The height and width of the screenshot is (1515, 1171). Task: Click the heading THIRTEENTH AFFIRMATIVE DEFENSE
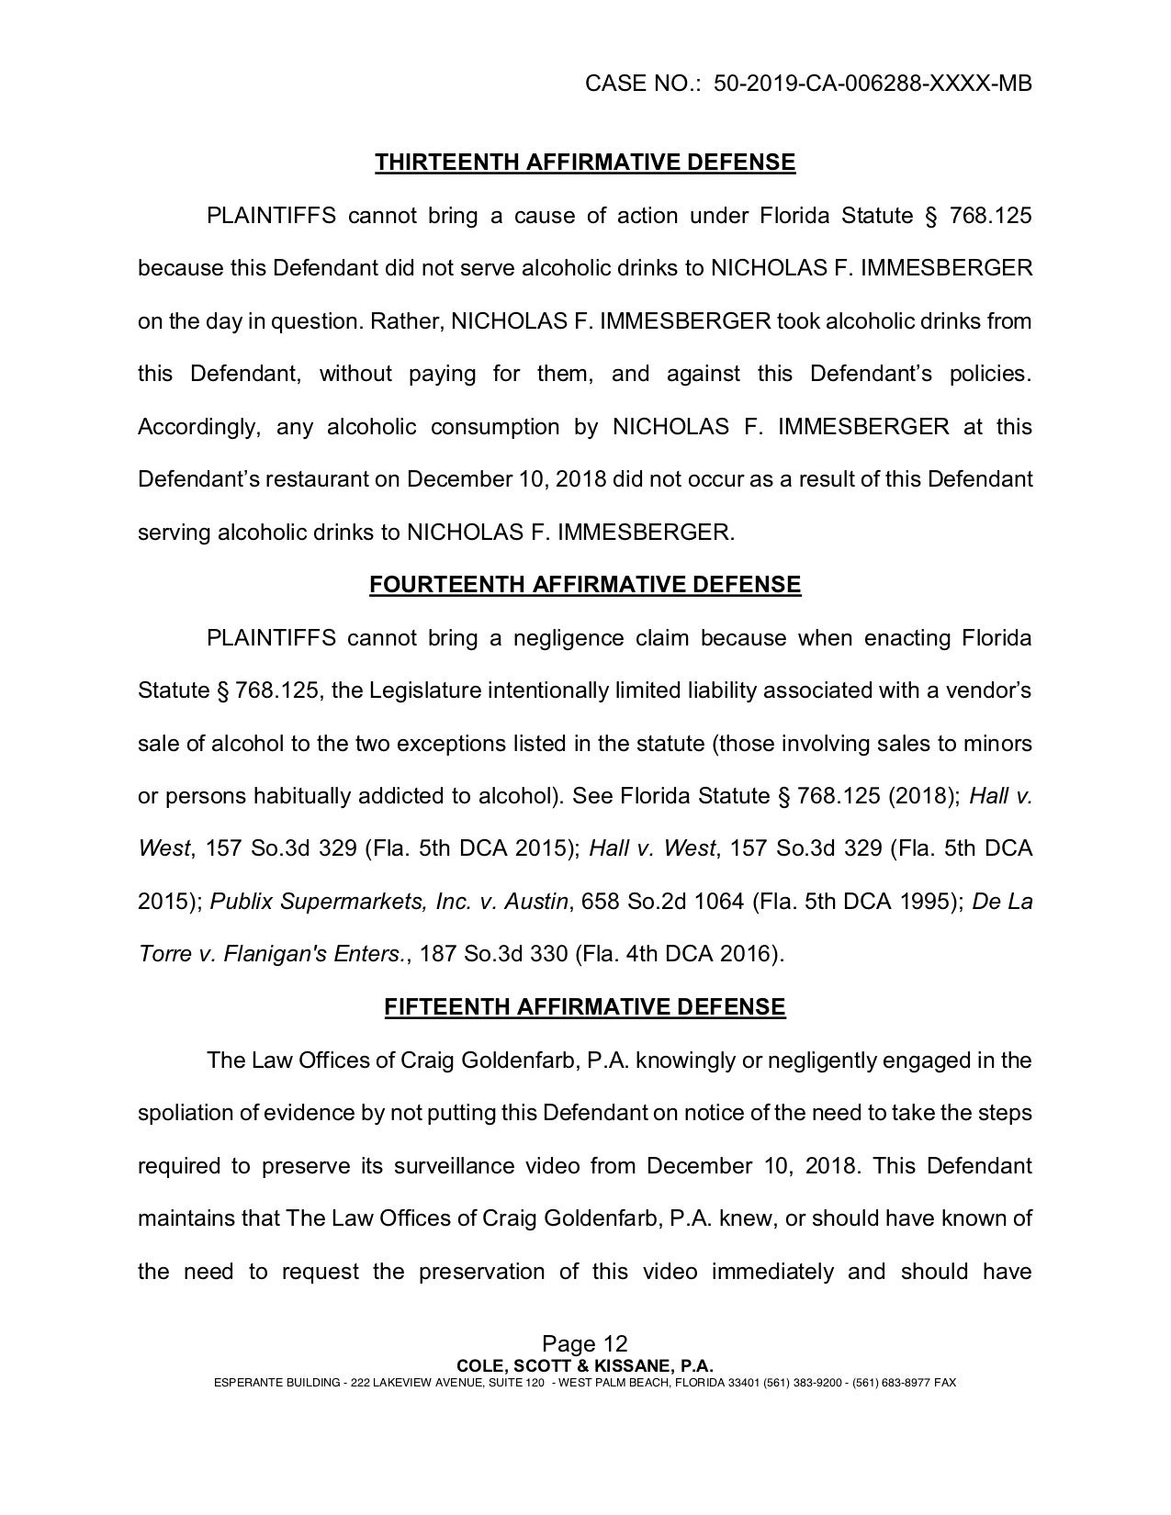[585, 163]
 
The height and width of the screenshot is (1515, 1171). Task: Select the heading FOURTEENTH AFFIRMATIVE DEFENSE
[585, 586]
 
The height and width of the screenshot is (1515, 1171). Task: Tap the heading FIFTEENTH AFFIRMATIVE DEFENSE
[585, 1007]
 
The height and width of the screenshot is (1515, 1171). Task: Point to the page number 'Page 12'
[585, 1346]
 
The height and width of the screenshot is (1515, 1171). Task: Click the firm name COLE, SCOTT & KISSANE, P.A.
[585, 1366]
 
